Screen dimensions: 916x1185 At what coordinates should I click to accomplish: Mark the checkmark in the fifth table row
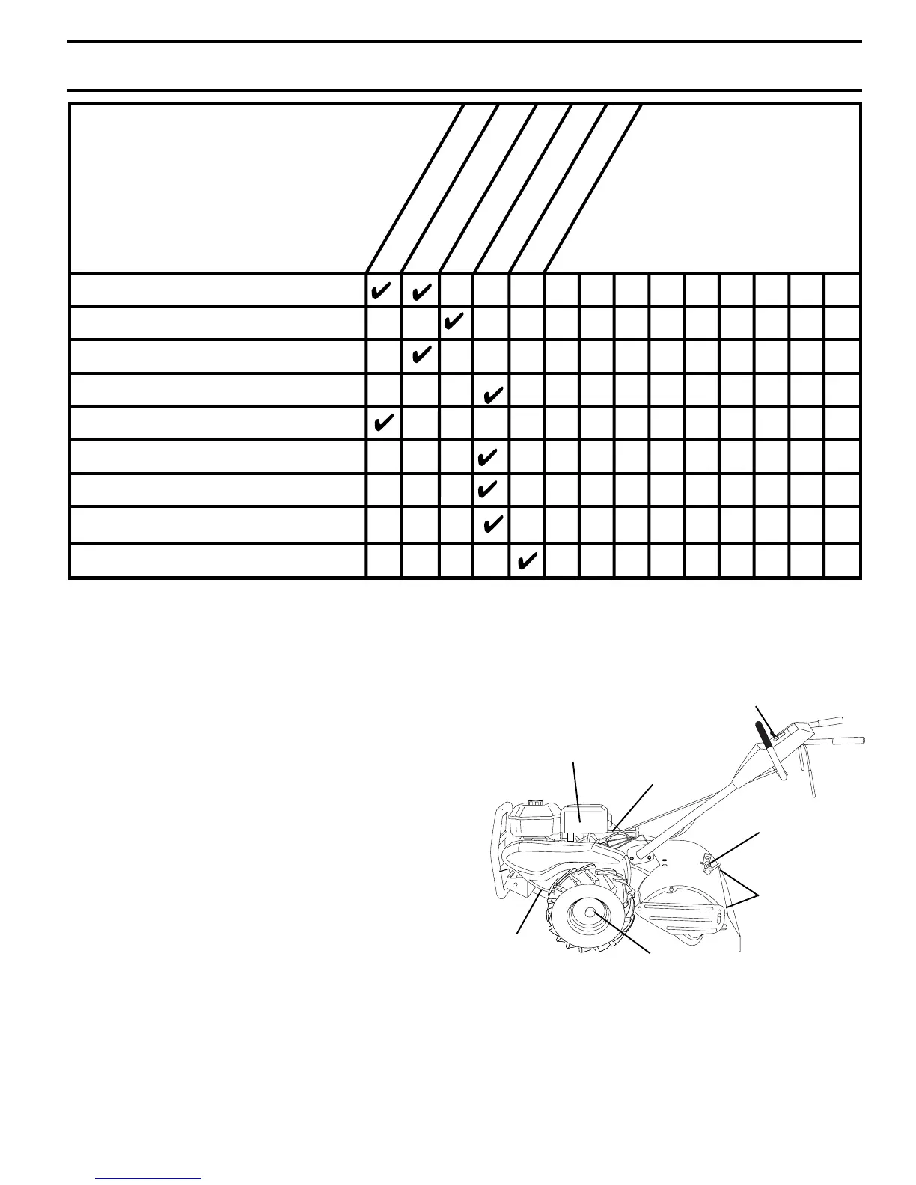(x=383, y=423)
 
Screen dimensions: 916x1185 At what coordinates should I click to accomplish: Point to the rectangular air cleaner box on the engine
(x=583, y=820)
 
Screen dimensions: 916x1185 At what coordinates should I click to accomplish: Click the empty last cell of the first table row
(x=843, y=290)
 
